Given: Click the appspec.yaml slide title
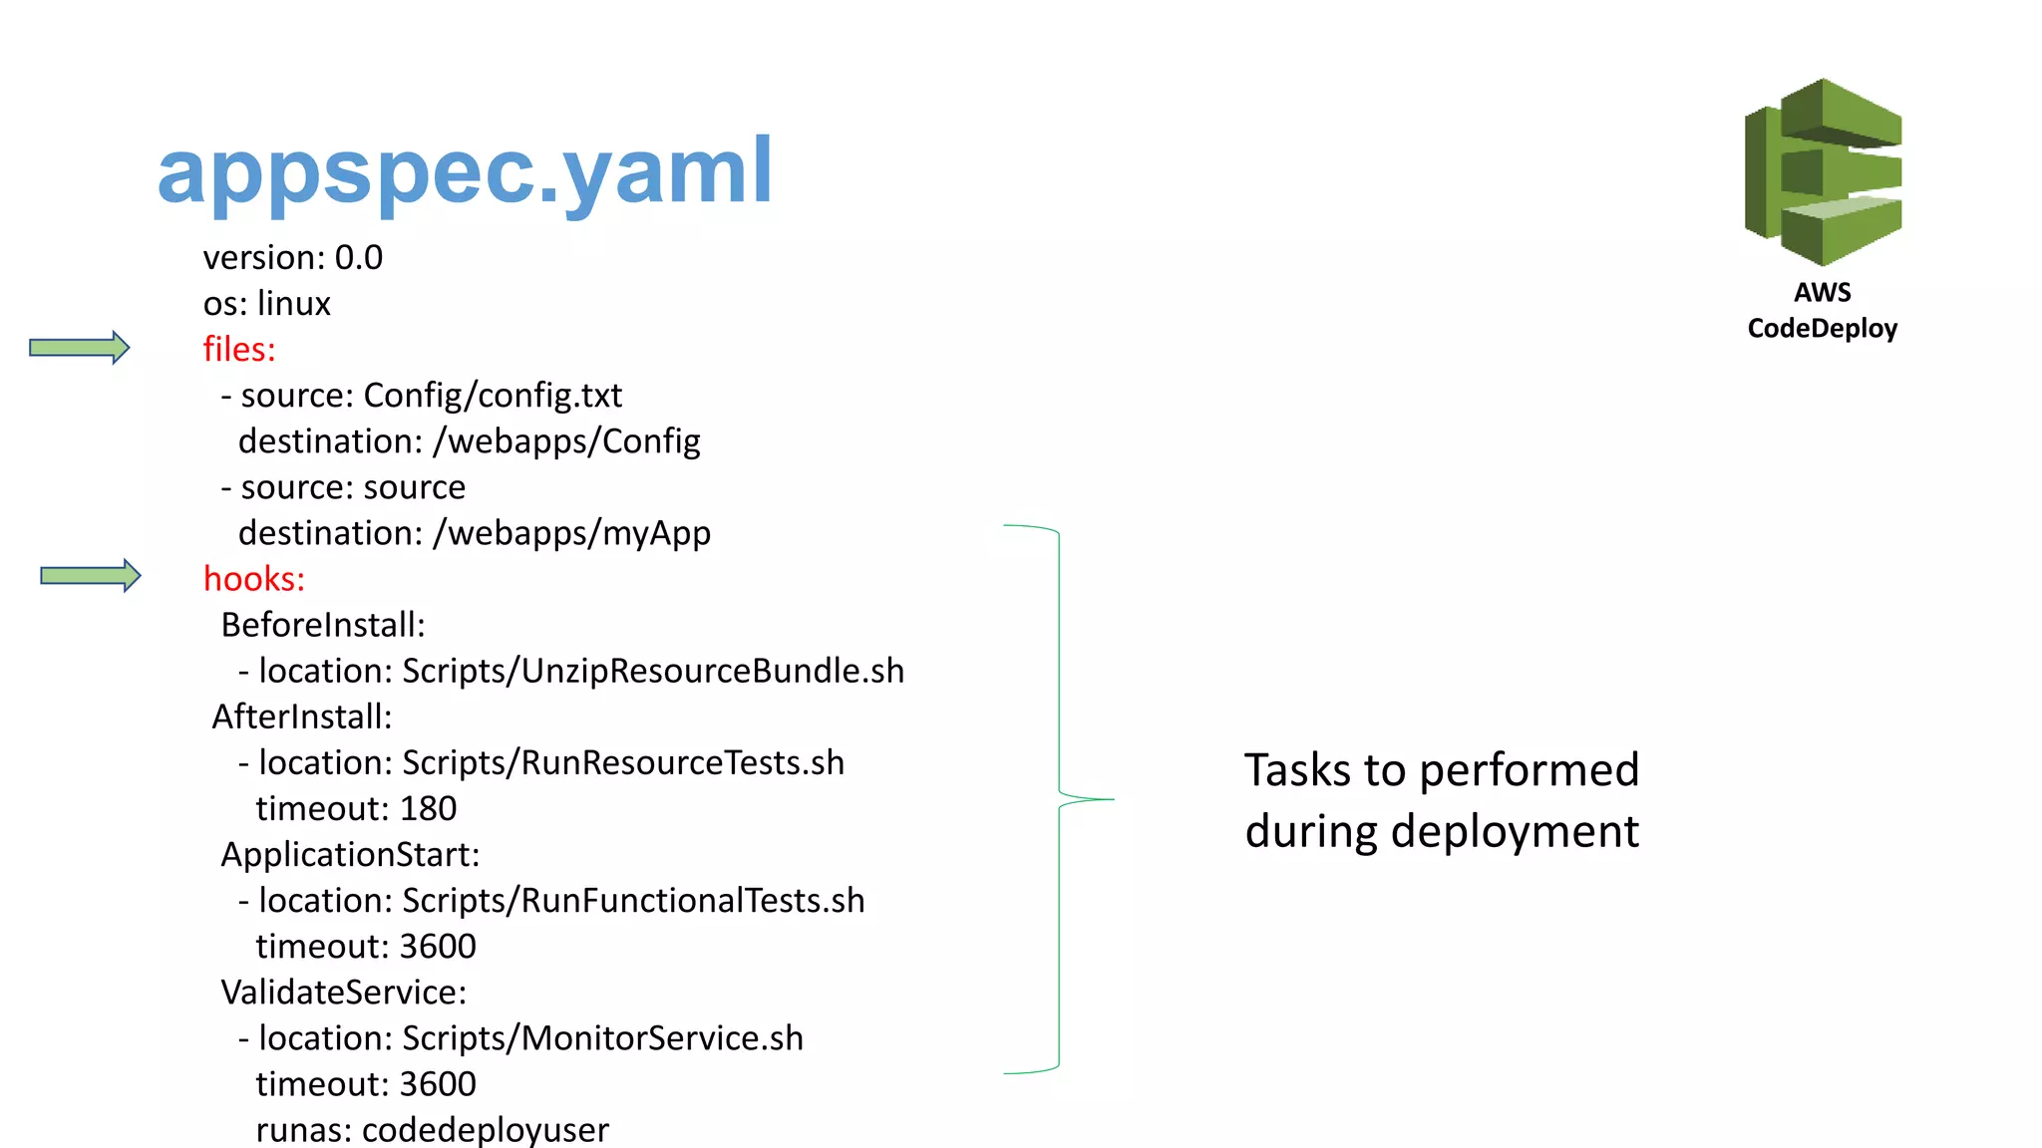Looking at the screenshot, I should coord(465,171).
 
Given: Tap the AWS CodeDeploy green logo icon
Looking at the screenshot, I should coord(1823,171).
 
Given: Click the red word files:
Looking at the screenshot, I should coord(239,350).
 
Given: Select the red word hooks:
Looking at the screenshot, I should coord(254,579).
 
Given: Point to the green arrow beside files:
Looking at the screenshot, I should coord(80,347).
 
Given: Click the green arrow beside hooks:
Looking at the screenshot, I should coord(91,575).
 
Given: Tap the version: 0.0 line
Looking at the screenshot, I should coord(293,258).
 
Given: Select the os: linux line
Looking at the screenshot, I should coord(267,304).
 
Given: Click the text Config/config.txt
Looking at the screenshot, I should coord(493,396).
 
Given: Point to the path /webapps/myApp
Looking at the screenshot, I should coord(571,533).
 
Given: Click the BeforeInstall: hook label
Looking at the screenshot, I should coord(323,625).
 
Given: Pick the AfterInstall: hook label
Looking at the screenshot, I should coord(302,717).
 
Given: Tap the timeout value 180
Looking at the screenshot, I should coord(428,808).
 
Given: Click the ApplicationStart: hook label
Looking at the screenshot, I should coord(350,855).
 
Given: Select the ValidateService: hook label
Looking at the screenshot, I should coord(344,993).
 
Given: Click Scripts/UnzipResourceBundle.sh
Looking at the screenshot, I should coord(653,672).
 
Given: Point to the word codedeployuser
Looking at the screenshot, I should coord(485,1130).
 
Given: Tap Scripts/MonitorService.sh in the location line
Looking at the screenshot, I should coord(602,1038).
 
